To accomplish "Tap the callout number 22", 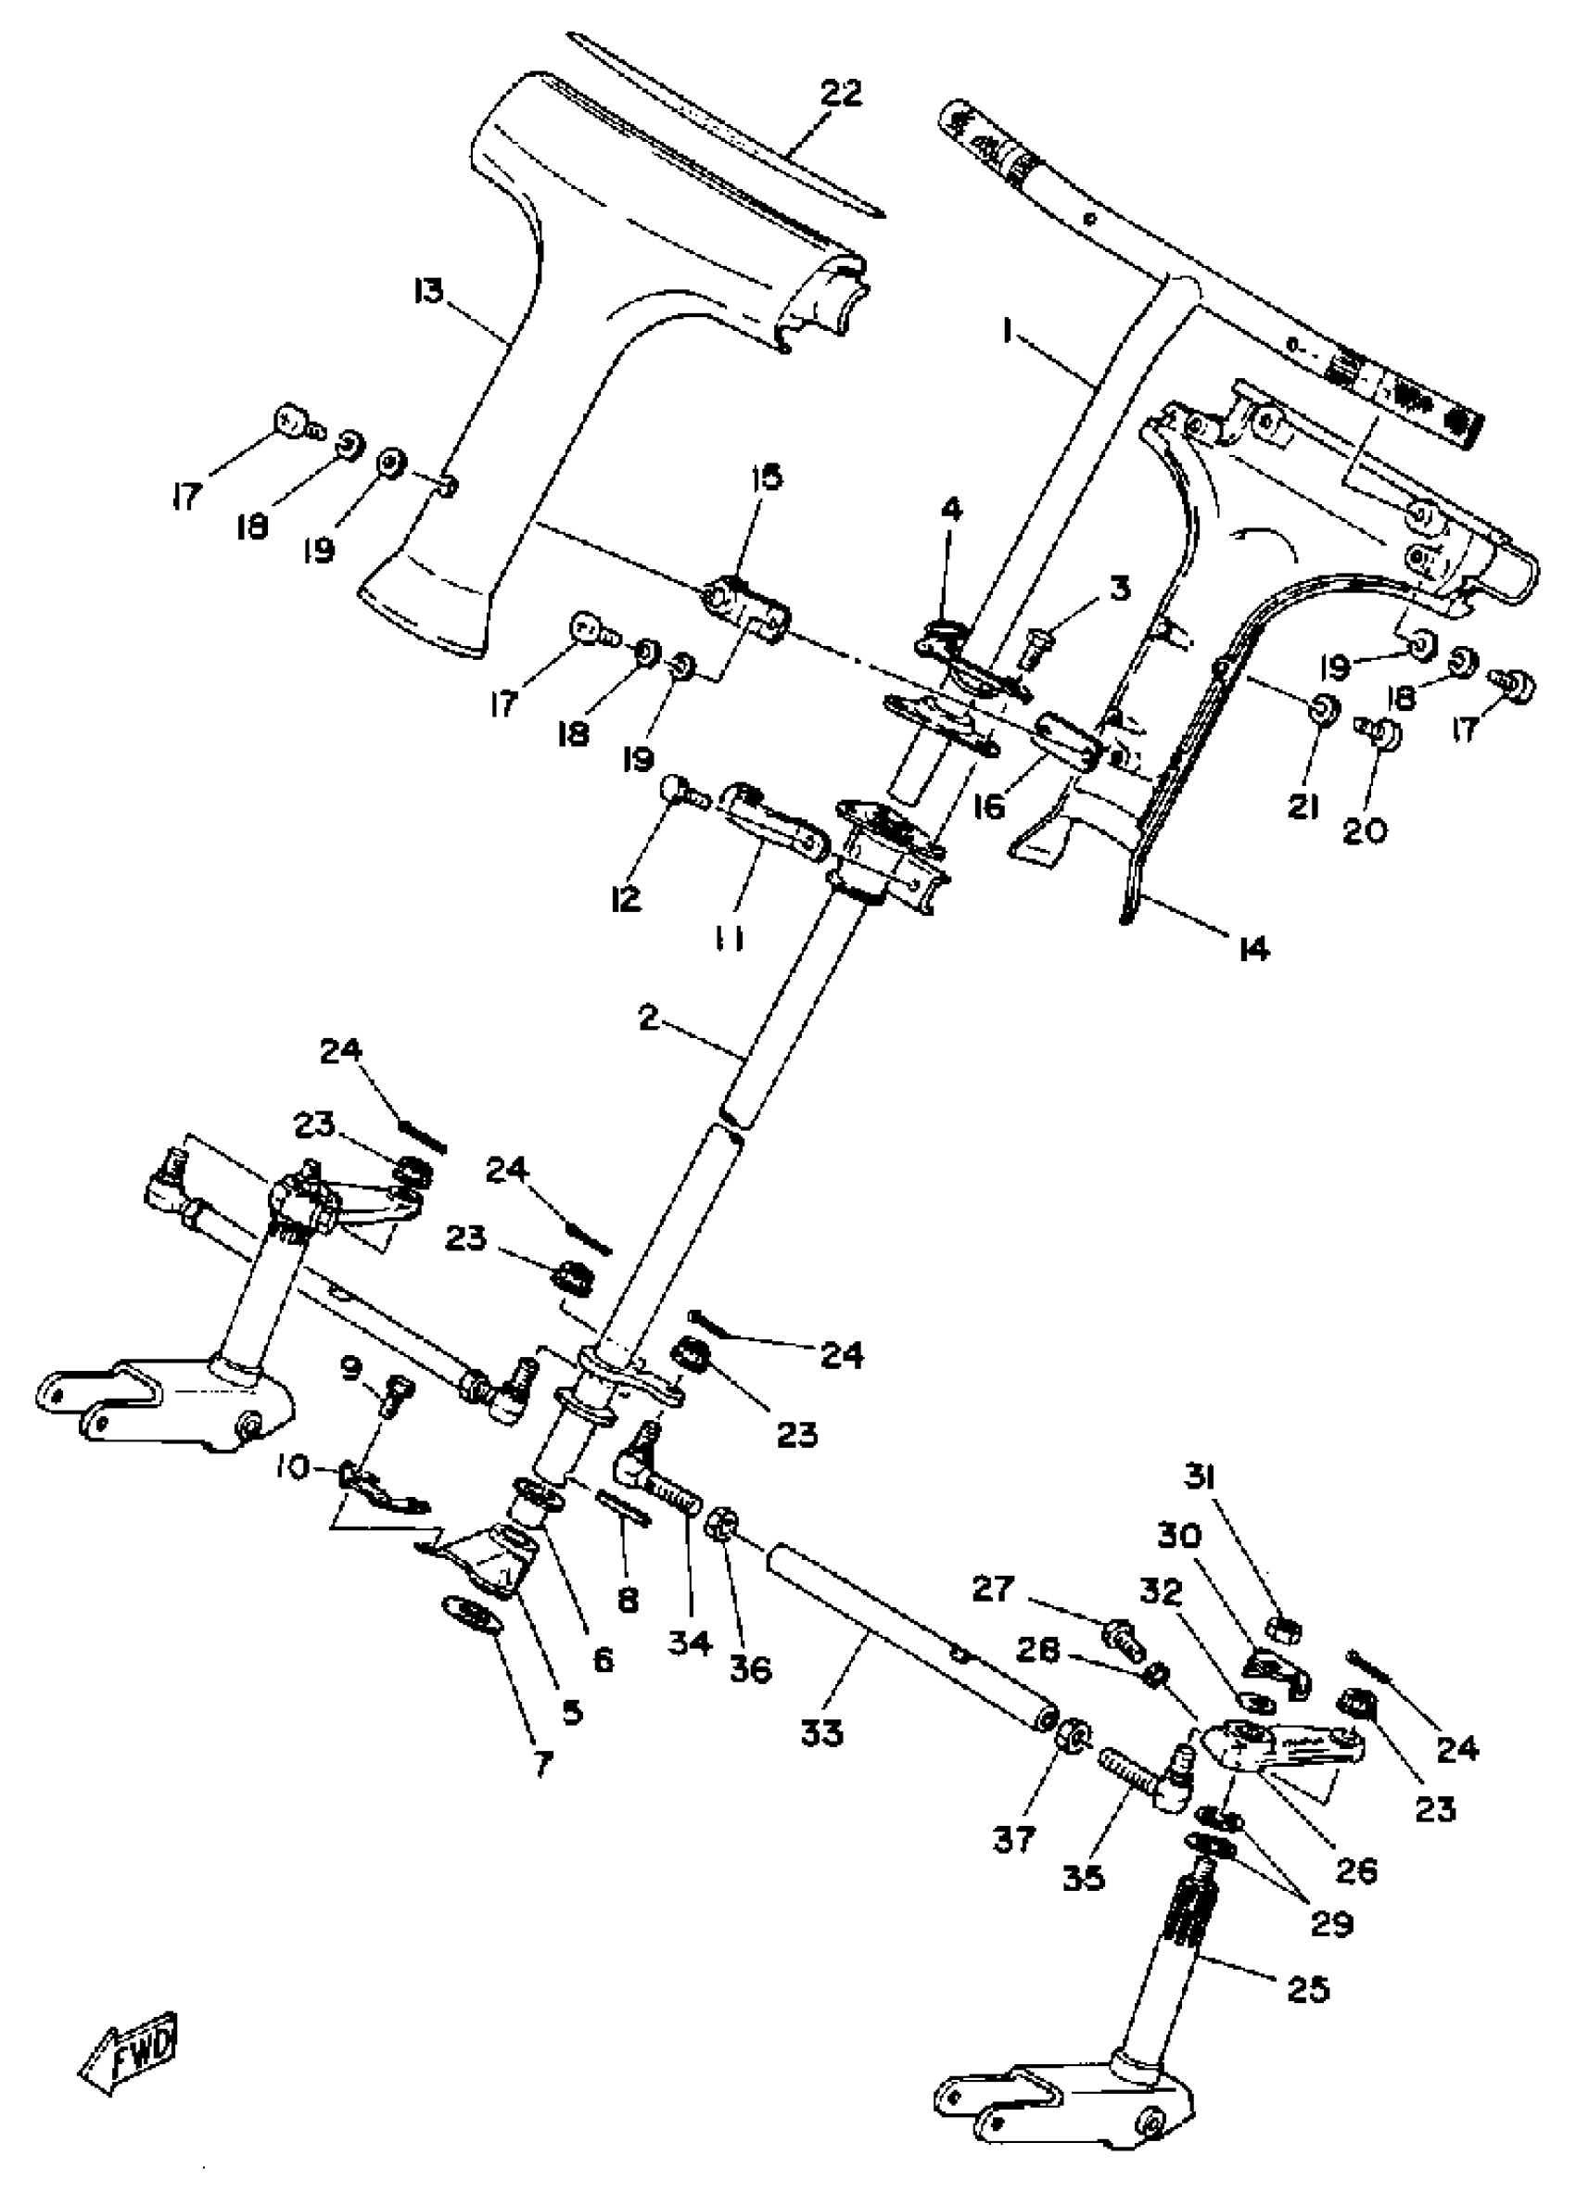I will [x=842, y=95].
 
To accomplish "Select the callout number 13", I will [x=428, y=290].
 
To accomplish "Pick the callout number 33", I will [x=823, y=1732].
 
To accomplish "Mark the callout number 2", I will [x=648, y=1019].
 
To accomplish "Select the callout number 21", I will [x=1303, y=806].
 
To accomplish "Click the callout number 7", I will [x=542, y=1763].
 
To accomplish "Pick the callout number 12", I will [x=627, y=899].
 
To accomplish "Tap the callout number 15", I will [x=768, y=477].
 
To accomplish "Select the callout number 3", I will [x=1120, y=589].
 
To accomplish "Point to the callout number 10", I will [x=291, y=1469].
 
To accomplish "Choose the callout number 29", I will [x=1331, y=1922].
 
